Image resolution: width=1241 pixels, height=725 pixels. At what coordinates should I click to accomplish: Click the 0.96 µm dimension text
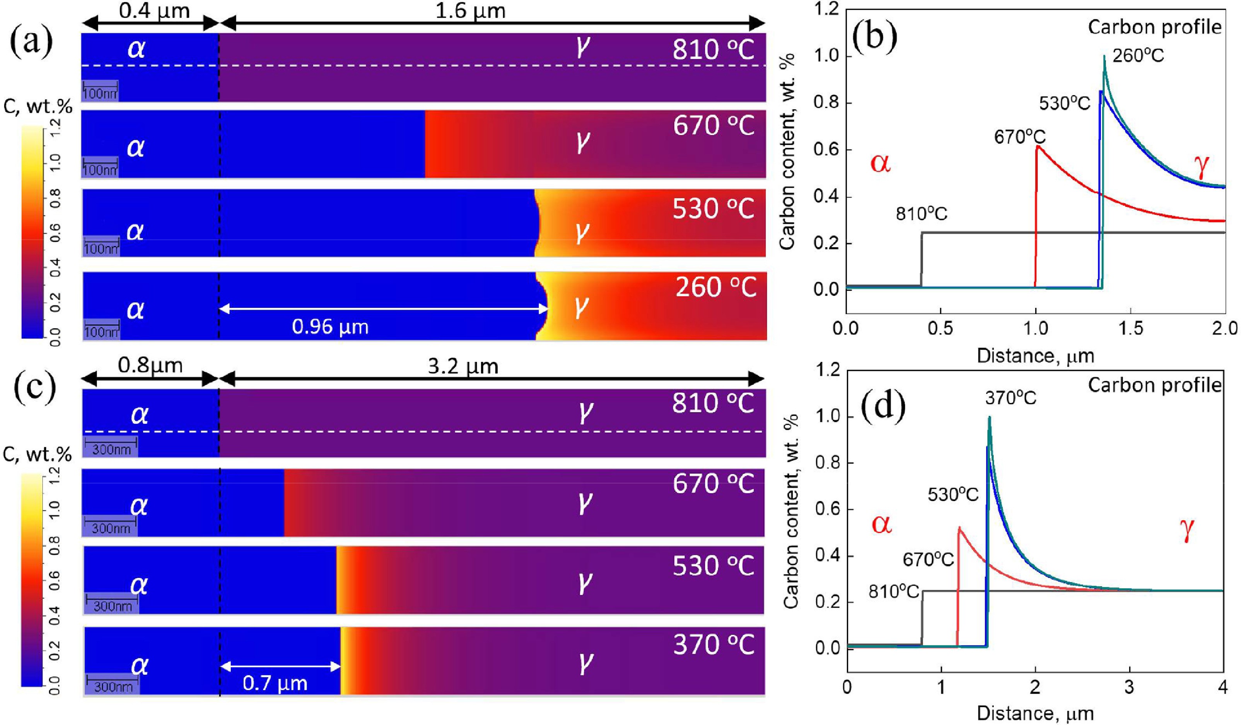click(330, 326)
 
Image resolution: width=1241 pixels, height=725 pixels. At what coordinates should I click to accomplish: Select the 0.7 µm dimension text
click(275, 683)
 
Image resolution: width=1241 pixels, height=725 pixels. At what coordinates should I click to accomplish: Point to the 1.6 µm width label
click(470, 11)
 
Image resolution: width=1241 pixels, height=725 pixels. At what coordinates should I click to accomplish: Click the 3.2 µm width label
click(463, 366)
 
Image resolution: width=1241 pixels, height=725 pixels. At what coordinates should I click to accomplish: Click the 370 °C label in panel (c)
click(714, 645)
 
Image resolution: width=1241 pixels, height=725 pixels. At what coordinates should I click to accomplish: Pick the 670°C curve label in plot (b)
click(1020, 137)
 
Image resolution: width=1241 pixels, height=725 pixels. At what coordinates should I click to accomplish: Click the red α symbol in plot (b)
click(881, 163)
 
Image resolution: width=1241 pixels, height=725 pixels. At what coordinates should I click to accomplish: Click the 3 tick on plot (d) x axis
click(1130, 687)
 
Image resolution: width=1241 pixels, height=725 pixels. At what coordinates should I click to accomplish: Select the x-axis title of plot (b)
click(1035, 356)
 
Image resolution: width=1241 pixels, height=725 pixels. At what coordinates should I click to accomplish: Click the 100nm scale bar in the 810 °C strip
click(101, 90)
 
